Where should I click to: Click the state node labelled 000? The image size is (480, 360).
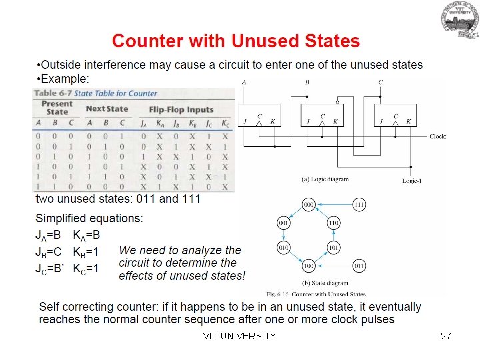(308, 205)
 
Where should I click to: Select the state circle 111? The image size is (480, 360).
(358, 205)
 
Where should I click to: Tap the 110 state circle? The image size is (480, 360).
(333, 223)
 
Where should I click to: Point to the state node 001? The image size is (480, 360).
(283, 223)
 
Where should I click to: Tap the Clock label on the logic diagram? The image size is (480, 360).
(438, 136)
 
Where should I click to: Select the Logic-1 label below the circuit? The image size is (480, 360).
(414, 180)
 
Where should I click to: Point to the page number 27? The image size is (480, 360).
(446, 336)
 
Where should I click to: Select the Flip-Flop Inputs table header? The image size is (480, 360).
(181, 109)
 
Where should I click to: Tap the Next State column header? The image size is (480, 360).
(107, 109)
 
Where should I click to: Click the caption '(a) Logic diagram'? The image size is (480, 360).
(325, 179)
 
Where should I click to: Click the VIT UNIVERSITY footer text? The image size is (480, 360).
(239, 336)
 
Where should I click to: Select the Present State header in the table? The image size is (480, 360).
(57, 107)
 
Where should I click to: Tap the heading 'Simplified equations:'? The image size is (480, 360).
(89, 218)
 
